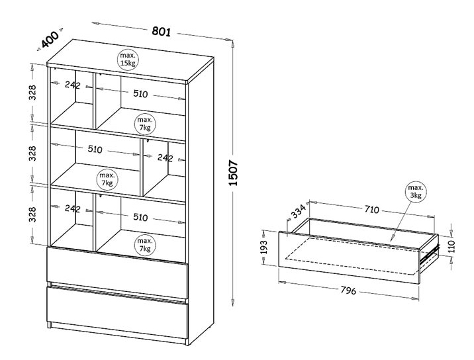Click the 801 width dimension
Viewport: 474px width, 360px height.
[x=161, y=31]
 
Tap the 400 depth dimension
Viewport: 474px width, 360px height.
[x=50, y=39]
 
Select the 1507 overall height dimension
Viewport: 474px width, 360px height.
[x=234, y=173]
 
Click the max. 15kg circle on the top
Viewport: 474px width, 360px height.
[x=128, y=60]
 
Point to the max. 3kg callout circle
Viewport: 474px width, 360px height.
[x=416, y=192]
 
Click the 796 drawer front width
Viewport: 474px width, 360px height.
[x=348, y=290]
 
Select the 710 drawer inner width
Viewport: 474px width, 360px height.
[x=371, y=209]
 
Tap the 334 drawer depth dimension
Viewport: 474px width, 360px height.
[x=298, y=210]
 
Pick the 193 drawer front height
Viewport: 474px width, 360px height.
[x=264, y=247]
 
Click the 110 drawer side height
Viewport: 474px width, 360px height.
[x=451, y=246]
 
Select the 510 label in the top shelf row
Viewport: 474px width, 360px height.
[x=140, y=94]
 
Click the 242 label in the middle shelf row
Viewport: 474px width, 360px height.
[x=165, y=157]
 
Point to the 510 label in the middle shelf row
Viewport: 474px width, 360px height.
[x=95, y=149]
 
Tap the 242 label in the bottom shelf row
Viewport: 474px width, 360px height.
[x=73, y=208]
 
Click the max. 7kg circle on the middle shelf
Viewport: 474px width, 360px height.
[x=107, y=179]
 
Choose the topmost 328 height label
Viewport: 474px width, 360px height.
[x=32, y=93]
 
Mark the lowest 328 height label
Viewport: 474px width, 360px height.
[x=32, y=214]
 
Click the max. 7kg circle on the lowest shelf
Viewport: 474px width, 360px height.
[x=145, y=245]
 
